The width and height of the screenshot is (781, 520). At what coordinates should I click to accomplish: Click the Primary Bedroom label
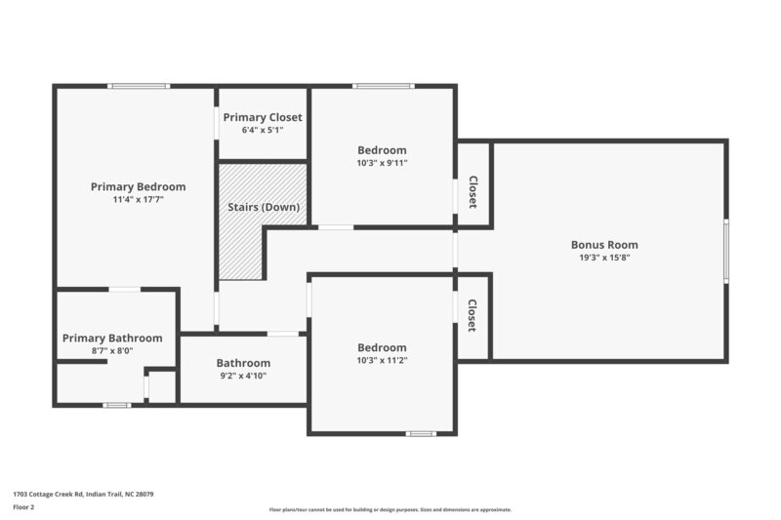point(138,186)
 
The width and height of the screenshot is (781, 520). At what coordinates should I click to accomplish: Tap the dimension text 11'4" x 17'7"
point(138,199)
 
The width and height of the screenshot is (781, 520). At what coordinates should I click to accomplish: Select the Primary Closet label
point(263,117)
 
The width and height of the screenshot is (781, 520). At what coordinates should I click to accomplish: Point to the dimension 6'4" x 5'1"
point(263,130)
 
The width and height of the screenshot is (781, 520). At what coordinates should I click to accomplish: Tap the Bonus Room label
point(604,245)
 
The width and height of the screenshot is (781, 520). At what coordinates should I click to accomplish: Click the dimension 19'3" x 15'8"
point(604,259)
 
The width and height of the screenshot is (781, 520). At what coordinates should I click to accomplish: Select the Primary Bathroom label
point(112,338)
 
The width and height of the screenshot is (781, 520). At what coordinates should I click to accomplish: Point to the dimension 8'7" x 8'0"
point(112,350)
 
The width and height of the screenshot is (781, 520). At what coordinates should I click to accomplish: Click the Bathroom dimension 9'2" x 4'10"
point(243,376)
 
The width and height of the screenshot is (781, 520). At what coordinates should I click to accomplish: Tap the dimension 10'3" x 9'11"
point(382,163)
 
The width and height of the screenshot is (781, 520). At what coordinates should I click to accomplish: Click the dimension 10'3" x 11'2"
point(382,360)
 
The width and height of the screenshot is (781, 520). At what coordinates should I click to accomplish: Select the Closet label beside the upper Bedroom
point(473,191)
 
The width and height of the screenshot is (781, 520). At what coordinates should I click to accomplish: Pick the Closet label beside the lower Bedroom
point(473,315)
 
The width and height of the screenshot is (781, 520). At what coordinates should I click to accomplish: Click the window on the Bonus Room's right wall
point(725,252)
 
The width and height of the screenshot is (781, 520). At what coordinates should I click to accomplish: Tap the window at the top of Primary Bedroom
point(139,87)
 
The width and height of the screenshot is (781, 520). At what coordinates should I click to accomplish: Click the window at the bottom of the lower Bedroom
point(421,433)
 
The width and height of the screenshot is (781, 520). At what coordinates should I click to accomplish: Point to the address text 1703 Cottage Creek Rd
point(83,495)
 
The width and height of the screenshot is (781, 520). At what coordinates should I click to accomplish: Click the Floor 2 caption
point(23,507)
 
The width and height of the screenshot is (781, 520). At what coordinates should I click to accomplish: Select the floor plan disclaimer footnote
point(390,509)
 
